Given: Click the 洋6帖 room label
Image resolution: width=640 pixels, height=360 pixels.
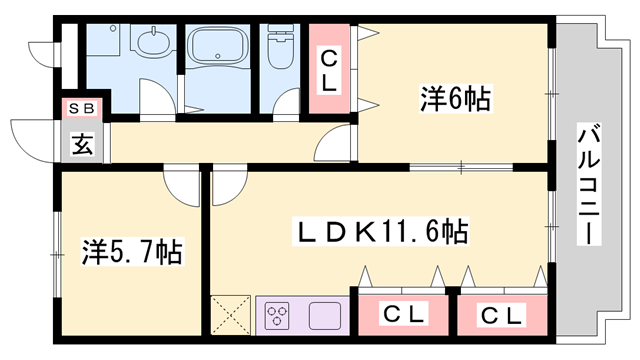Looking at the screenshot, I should pos(454,100).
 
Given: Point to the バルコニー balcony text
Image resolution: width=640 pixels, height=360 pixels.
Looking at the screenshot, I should pos(590,186).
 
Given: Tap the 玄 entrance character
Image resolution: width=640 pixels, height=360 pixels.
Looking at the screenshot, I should pos(82,144).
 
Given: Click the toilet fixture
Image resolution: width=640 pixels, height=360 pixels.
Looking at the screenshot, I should pos(279,48).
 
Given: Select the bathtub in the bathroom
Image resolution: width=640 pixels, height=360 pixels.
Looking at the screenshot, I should pos(221,46).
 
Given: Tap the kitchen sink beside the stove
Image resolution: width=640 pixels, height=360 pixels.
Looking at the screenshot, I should pos(325,316).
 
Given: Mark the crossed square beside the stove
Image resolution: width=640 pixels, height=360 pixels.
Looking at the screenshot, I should pos(232,315).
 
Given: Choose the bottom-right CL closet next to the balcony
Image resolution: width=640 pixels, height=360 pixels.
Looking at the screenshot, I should pos(501,316).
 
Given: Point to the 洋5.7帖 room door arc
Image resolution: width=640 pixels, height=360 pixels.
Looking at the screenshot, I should pos(183,186).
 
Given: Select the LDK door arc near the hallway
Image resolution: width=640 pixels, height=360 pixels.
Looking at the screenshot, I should pos(227,185).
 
